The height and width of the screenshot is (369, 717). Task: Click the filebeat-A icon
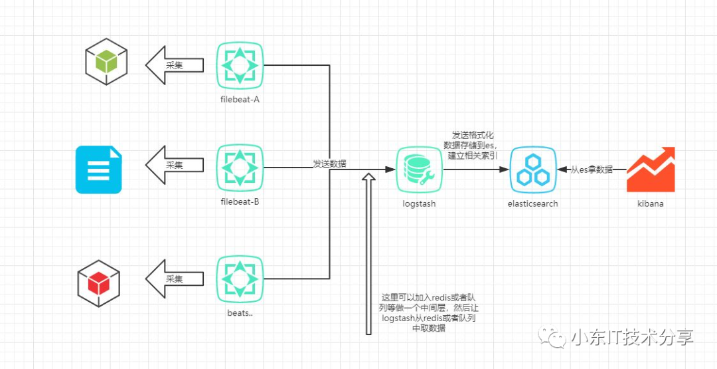pyautogui.click(x=240, y=64)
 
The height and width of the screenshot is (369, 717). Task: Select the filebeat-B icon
pyautogui.click(x=240, y=166)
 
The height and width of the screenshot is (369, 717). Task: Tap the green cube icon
pyautogui.click(x=106, y=62)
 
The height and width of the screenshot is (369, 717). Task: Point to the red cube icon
pyautogui.click(x=98, y=283)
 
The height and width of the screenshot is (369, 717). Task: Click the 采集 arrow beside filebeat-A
pyautogui.click(x=174, y=65)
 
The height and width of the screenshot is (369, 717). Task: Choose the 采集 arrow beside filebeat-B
pyautogui.click(x=174, y=166)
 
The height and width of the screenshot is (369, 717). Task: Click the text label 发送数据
pyautogui.click(x=329, y=164)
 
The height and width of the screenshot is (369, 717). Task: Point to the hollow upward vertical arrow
pyautogui.click(x=368, y=253)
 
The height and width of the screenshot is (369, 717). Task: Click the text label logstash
pyautogui.click(x=419, y=203)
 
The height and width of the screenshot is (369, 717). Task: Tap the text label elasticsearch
pyautogui.click(x=532, y=203)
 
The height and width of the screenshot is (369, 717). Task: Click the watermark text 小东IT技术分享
pyautogui.click(x=631, y=337)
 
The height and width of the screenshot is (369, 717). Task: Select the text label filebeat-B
pyautogui.click(x=239, y=201)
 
